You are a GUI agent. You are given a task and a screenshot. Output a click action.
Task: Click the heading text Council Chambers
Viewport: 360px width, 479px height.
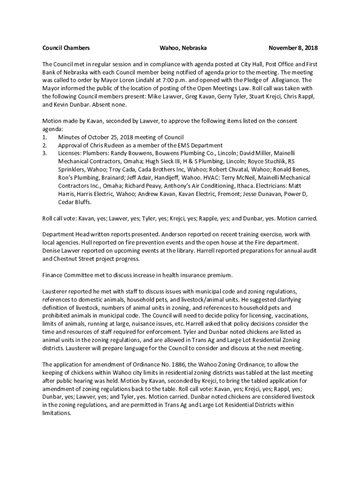pyautogui.click(x=66, y=48)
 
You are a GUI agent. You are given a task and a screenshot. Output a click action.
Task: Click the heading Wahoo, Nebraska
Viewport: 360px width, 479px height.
pyautogui.click(x=183, y=48)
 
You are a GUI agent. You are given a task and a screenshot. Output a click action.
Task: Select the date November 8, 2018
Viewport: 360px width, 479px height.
pyautogui.click(x=293, y=48)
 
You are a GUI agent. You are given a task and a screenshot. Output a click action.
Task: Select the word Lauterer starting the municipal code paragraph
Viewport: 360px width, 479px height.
pyautogui.click(x=55, y=291)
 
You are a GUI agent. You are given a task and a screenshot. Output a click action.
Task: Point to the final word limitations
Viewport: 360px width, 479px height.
pyautogui.click(x=56, y=413)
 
